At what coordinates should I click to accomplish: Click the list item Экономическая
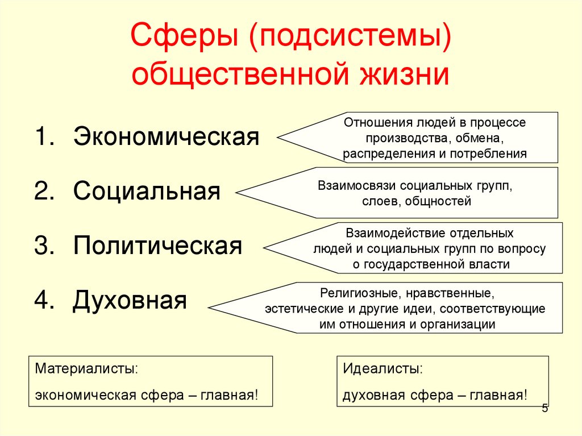click(x=166, y=137)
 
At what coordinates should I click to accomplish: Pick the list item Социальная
click(x=147, y=192)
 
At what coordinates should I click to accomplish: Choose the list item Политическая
click(x=157, y=246)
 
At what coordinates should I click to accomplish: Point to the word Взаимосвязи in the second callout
click(x=357, y=186)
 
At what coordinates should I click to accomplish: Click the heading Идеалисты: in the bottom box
click(x=383, y=368)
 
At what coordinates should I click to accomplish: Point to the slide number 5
click(x=545, y=408)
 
